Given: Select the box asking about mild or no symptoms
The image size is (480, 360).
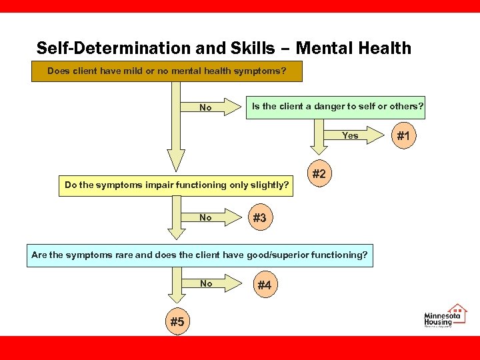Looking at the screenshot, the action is coord(167,71).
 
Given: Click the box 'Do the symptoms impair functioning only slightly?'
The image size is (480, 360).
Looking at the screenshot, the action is coord(177,185).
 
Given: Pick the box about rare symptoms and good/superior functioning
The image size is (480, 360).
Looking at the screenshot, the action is coord(199,255).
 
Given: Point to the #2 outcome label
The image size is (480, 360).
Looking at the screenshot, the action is coord(319,174).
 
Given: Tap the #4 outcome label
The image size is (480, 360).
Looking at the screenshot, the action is coord(264,285).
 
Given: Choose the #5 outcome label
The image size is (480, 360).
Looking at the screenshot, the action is coord(177,322).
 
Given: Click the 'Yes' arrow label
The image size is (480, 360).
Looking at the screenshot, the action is coord(350,135).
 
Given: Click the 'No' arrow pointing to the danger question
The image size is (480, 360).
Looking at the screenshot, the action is coord(206,107).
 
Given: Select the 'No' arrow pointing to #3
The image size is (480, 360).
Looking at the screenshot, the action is coord(206,217).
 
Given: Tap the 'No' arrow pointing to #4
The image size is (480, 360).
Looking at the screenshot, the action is coord(206,283).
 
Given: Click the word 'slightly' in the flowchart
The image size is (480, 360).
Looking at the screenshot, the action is coord(268,185).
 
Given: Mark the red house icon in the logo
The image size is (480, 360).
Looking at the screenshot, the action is coord(457,310).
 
